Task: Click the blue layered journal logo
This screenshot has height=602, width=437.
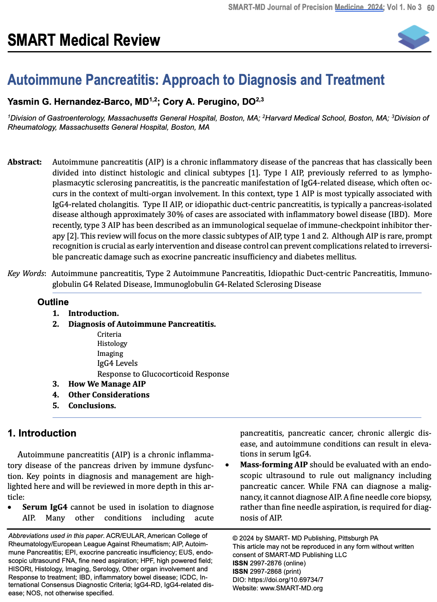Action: click(413, 37)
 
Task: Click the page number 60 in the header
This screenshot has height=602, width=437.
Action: click(430, 7)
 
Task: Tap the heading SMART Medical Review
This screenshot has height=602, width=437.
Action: click(83, 40)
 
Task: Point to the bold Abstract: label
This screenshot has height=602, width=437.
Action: click(25, 162)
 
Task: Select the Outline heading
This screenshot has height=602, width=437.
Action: click(53, 302)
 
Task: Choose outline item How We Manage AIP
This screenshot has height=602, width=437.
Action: click(107, 384)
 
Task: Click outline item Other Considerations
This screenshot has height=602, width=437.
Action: click(109, 395)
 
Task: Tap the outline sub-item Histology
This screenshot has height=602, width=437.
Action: click(112, 343)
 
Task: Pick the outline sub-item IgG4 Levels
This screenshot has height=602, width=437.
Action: click(117, 363)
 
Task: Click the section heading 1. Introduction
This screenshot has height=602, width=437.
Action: click(42, 433)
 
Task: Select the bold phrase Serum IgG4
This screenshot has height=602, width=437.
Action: click(45, 507)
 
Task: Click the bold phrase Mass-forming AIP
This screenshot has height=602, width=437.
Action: click(274, 464)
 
